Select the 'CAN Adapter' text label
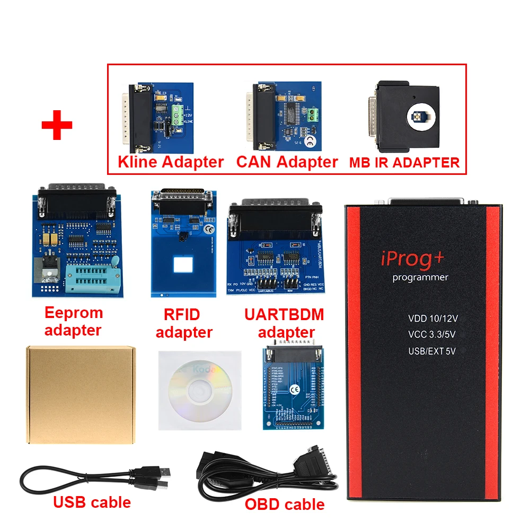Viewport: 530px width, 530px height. (x=287, y=162)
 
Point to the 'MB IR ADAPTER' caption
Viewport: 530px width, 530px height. (x=404, y=163)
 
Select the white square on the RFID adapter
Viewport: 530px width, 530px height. (x=182, y=263)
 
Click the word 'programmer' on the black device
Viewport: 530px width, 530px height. (x=420, y=278)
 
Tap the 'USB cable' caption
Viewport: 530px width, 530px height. (x=92, y=501)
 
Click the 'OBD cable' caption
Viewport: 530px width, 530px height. (x=284, y=503)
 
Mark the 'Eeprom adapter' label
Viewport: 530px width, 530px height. (x=73, y=321)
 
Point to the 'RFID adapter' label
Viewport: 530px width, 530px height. (x=184, y=323)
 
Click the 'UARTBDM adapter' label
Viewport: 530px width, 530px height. (x=284, y=323)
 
